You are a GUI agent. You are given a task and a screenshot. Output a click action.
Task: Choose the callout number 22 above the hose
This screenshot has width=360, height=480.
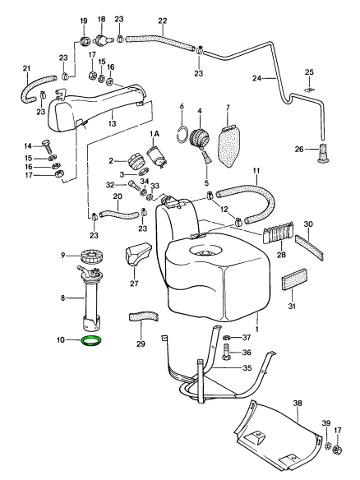pos(162,20)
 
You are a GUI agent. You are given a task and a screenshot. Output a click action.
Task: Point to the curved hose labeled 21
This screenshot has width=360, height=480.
pos(33,83)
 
